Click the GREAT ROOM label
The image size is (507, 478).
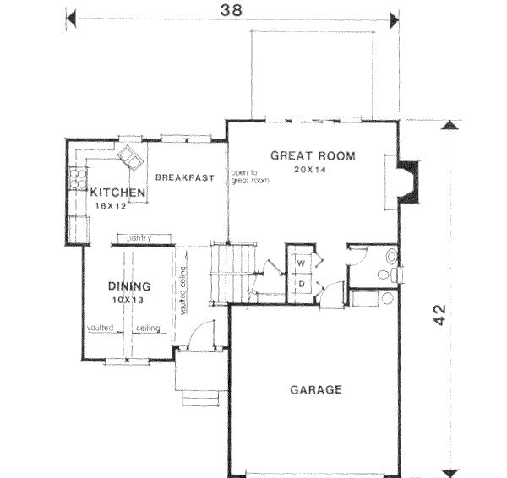point(313,155)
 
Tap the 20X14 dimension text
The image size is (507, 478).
point(311,169)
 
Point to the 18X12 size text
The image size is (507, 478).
point(110,205)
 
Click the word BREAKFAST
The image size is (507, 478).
point(183,177)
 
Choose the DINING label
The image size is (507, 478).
point(129,286)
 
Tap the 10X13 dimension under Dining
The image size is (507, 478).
point(127,300)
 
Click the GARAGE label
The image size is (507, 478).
point(316,389)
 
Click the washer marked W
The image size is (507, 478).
point(300,263)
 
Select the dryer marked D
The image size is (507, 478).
point(300,284)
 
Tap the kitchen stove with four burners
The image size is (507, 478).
point(78,177)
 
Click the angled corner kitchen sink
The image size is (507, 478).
point(132,155)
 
